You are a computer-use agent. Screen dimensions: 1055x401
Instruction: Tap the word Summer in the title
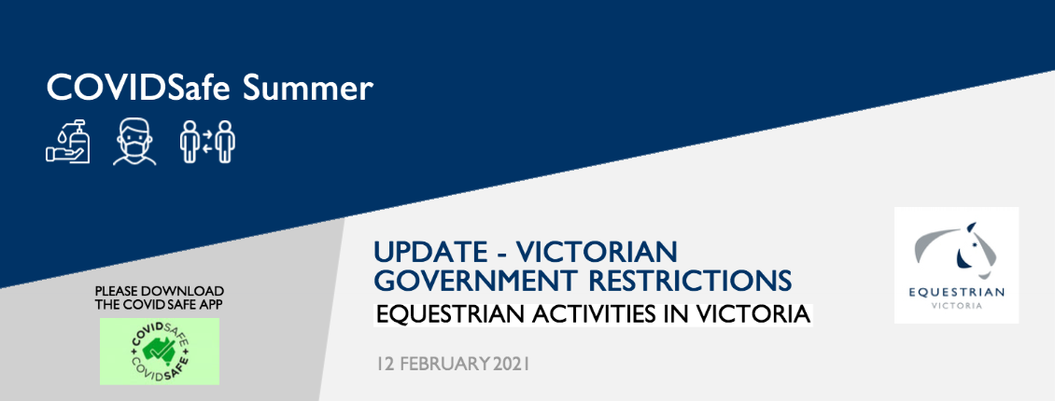point(307,88)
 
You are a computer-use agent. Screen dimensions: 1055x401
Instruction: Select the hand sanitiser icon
point(68,141)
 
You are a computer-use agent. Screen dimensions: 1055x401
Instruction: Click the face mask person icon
point(134,142)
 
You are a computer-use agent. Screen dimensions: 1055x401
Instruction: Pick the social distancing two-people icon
point(207,141)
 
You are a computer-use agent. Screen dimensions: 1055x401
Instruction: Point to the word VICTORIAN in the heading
point(597,253)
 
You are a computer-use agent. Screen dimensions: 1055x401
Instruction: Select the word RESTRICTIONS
point(688,280)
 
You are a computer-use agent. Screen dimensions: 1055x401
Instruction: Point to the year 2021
point(512,365)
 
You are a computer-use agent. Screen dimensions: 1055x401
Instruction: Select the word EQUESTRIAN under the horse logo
point(956,292)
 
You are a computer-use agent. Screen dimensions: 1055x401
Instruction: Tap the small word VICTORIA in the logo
point(956,306)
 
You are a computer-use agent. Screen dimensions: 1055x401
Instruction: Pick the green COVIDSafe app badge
point(160,352)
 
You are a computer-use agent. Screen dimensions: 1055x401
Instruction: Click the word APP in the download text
point(209,304)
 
